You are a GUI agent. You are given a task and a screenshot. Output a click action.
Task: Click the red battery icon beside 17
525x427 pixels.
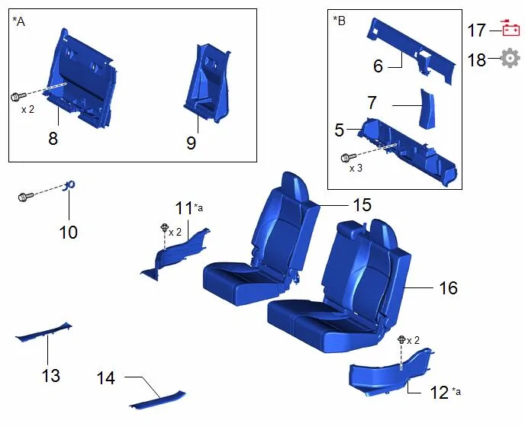point(511,28)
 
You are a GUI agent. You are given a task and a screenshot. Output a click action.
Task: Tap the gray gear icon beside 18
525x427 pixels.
point(510,58)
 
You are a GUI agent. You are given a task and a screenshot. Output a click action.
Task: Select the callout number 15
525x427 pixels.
point(362,205)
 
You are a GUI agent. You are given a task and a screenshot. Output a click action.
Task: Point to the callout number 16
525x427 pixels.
point(448,287)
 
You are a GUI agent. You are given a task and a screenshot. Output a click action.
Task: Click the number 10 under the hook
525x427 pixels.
point(69,233)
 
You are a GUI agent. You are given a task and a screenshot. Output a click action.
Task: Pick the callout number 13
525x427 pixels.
point(51,375)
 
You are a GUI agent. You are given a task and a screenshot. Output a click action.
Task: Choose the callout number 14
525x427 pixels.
point(106,378)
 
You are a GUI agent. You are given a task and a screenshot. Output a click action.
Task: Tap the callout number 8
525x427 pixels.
point(53,138)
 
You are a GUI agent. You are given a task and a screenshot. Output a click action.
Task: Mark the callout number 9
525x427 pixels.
point(192,143)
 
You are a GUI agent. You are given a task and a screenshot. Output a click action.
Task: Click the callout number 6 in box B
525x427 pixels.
point(378,66)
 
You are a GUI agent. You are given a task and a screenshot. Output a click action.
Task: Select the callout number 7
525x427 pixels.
point(372,103)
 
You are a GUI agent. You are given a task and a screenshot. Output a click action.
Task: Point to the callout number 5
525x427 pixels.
point(339,130)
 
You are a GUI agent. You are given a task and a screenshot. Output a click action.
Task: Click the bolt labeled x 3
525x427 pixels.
point(349,157)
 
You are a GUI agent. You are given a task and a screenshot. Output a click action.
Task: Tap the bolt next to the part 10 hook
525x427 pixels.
point(26,197)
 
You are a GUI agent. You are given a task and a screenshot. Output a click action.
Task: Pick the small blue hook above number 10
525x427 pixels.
point(69,186)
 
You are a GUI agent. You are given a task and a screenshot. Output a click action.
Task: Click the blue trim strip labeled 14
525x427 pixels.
point(157,400)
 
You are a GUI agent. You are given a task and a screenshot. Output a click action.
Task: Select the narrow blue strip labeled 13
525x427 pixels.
point(43,332)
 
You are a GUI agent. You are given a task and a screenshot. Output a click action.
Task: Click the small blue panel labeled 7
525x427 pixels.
point(427,108)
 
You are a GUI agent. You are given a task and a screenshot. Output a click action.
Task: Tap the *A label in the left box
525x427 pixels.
point(19,21)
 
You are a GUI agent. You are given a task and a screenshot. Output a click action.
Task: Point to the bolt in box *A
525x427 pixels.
point(18,96)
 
